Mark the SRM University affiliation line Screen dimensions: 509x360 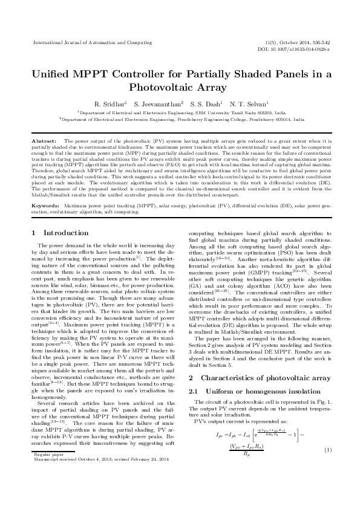pos(180,112)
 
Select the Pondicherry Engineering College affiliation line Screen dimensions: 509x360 pos(180,120)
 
